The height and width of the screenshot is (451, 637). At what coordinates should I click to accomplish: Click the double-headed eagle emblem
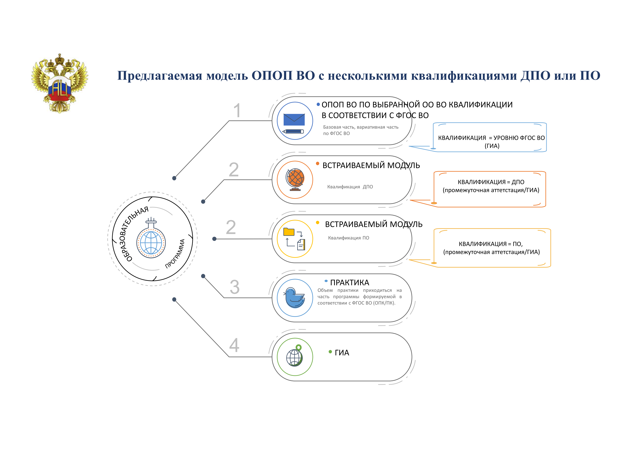[x=60, y=83]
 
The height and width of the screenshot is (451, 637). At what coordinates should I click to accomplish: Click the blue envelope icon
[x=294, y=120]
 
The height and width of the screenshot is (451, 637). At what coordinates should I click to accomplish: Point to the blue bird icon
[x=295, y=298]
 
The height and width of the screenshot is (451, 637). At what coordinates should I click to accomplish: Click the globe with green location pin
[x=295, y=357]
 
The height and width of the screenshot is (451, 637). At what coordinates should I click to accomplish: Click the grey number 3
[x=234, y=287]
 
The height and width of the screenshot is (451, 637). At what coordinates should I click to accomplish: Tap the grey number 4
[x=234, y=345]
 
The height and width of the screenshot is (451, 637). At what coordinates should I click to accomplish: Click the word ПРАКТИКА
[x=350, y=283]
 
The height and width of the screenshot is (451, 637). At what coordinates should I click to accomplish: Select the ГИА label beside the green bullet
[x=342, y=353]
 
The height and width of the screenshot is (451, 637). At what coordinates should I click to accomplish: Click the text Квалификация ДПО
[x=350, y=187]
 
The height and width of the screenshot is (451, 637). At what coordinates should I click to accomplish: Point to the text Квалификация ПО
[x=348, y=238]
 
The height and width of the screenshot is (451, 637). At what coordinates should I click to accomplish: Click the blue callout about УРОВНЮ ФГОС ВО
[x=491, y=141]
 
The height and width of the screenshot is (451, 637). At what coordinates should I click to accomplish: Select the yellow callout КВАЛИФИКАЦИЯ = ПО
[x=491, y=248]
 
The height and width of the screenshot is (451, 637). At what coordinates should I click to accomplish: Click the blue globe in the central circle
[x=151, y=243]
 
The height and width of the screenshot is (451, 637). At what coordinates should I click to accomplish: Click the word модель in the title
[x=227, y=76]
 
